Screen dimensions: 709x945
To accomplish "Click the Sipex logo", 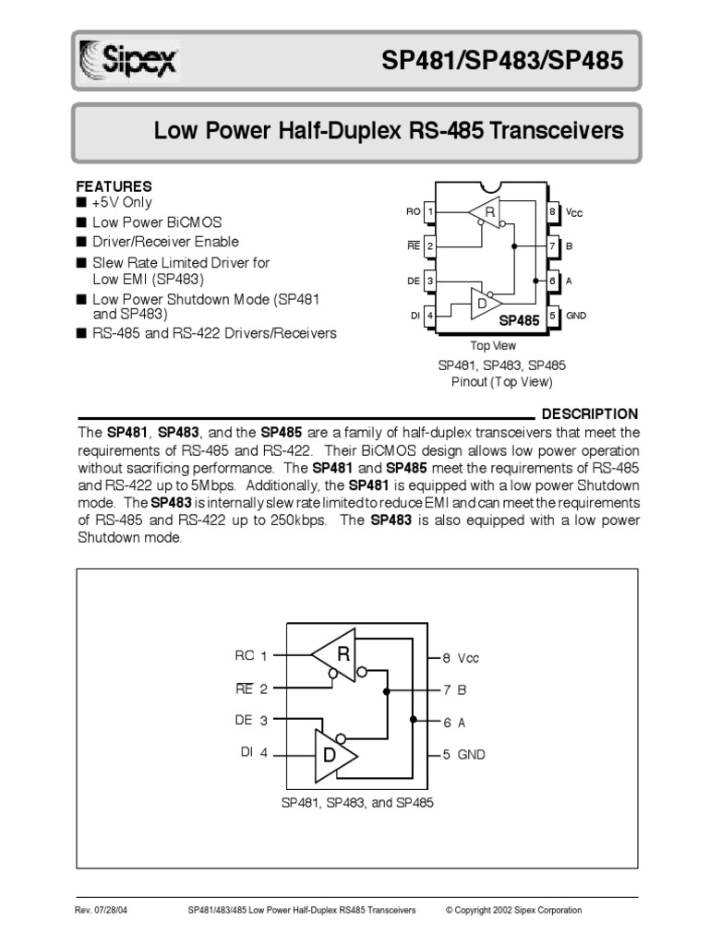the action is click(129, 63).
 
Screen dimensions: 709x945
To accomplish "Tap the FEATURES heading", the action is click(114, 186).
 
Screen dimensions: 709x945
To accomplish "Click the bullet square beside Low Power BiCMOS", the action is click(81, 222).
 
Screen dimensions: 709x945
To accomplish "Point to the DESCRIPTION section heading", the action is click(589, 413).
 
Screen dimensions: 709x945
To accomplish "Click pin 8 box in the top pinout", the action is click(552, 212).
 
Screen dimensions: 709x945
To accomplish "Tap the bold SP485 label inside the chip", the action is click(519, 320).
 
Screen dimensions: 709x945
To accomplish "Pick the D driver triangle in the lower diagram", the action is click(335, 754).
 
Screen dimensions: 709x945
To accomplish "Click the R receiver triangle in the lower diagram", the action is click(337, 656).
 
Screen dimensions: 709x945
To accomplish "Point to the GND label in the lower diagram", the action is click(471, 754).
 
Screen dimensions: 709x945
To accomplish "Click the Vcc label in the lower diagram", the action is click(468, 658).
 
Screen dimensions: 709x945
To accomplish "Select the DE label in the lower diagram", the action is click(244, 720).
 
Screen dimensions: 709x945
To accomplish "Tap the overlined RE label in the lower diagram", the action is click(244, 688).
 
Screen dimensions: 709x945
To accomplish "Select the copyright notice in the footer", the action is click(513, 910).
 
